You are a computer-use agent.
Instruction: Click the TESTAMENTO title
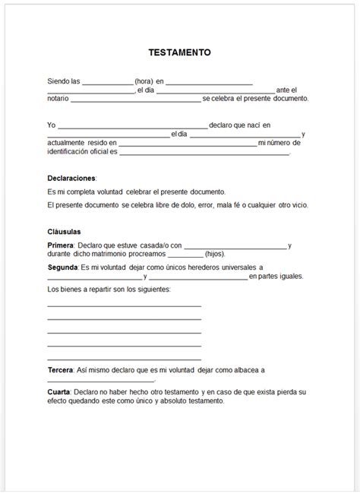coord(179,54)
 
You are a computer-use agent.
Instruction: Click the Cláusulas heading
coord(64,231)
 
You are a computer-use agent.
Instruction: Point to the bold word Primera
coord(60,245)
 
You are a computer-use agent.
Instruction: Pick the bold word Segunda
coord(62,267)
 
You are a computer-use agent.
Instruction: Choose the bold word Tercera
coord(60,370)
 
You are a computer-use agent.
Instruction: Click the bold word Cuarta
coord(58,392)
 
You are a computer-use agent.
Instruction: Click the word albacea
coord(243,370)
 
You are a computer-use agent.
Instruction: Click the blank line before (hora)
coord(106,82)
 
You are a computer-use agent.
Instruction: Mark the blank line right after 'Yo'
coord(133,126)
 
